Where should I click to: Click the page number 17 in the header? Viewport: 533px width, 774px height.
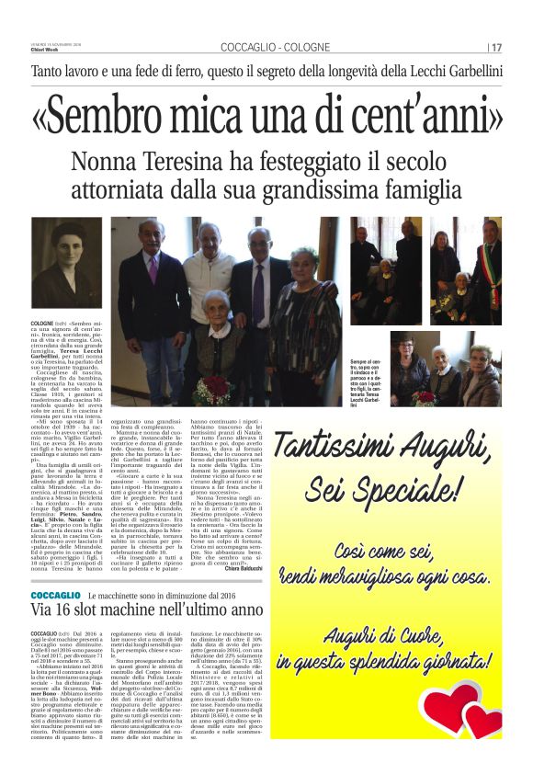pyautogui.click(x=496, y=48)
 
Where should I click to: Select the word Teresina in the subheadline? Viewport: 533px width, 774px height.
pyautogui.click(x=201, y=163)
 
